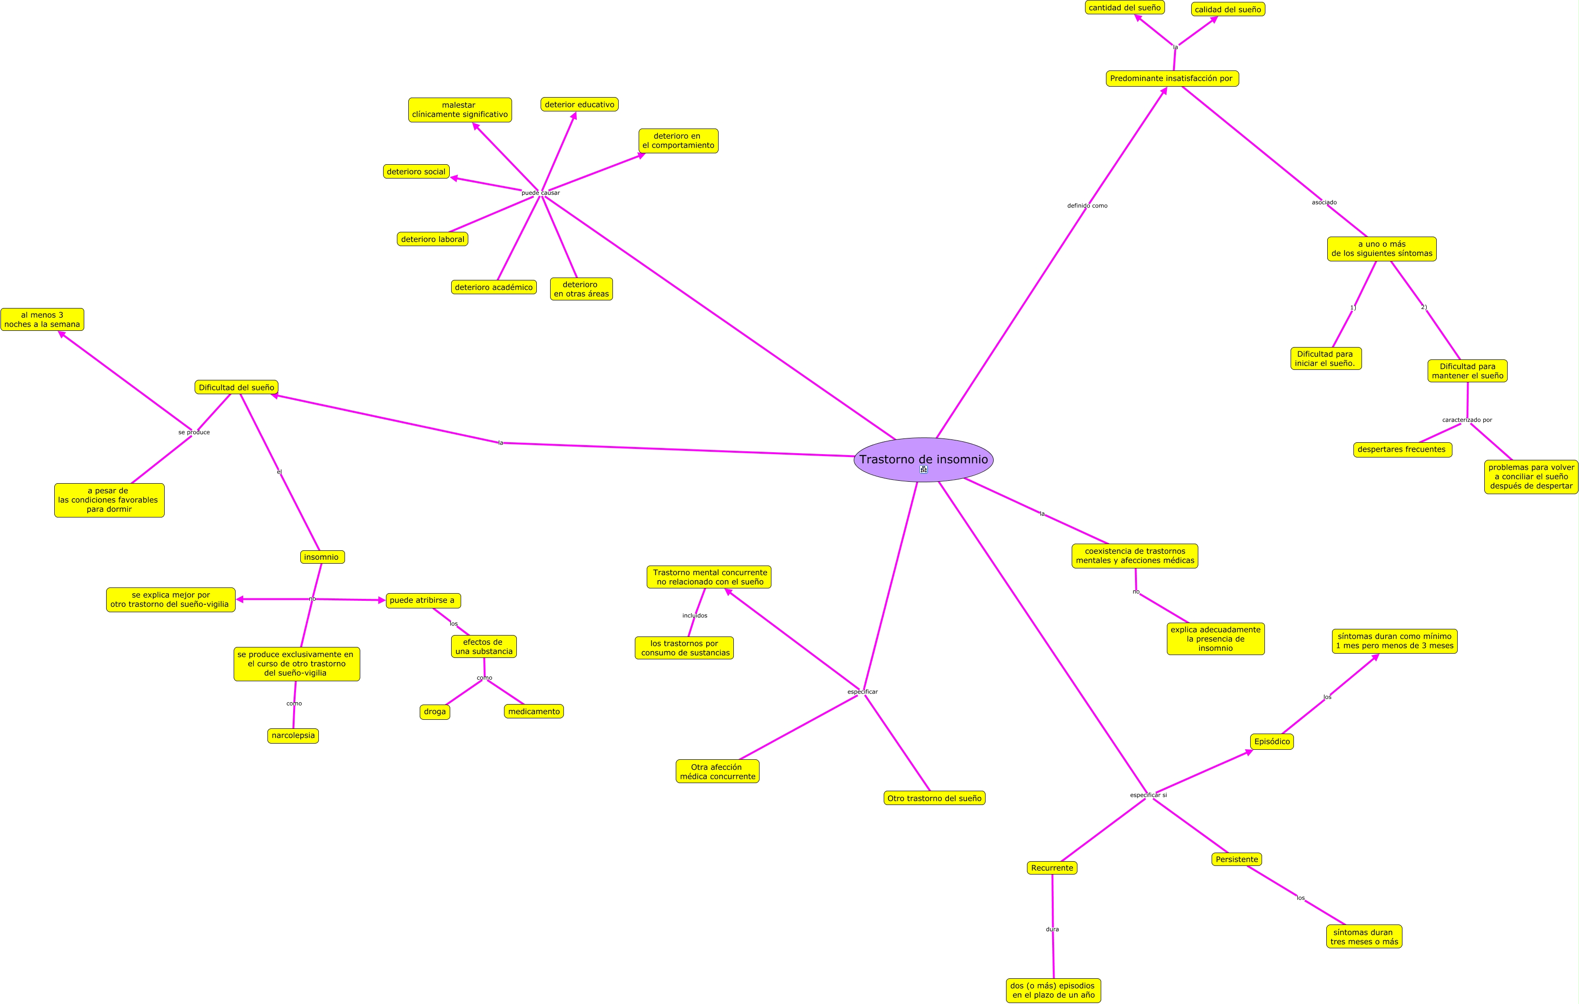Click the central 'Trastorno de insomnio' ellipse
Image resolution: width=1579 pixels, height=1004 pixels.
pyautogui.click(x=923, y=459)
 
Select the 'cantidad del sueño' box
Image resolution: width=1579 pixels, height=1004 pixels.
pyautogui.click(x=1125, y=8)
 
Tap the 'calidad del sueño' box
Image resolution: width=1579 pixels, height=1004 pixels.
pyautogui.click(x=1227, y=9)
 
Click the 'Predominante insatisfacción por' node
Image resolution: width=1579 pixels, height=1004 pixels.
pyautogui.click(x=1172, y=79)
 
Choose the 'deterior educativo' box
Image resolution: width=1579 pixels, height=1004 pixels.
pyautogui.click(x=579, y=104)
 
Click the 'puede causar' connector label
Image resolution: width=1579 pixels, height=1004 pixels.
pyautogui.click(x=540, y=193)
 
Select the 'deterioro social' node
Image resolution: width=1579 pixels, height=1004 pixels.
pyautogui.click(x=416, y=172)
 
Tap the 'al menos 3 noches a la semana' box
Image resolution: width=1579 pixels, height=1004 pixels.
pyautogui.click(x=42, y=319)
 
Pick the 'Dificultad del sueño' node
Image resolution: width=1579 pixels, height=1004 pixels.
pyautogui.click(x=236, y=388)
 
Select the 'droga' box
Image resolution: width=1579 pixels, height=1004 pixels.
pyautogui.click(x=435, y=712)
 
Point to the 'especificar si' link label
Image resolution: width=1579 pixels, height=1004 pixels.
pyautogui.click(x=1148, y=795)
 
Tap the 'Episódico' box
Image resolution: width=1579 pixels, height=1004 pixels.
pyautogui.click(x=1272, y=742)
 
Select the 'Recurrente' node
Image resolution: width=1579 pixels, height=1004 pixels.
pyautogui.click(x=1052, y=867)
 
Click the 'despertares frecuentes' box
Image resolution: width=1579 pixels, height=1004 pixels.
pyautogui.click(x=1402, y=450)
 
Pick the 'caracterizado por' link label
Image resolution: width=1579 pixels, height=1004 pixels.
pyautogui.click(x=1467, y=420)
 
